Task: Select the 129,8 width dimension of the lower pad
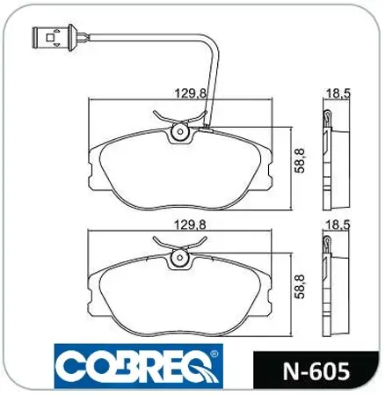[179, 225]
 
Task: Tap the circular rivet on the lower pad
[181, 257]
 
